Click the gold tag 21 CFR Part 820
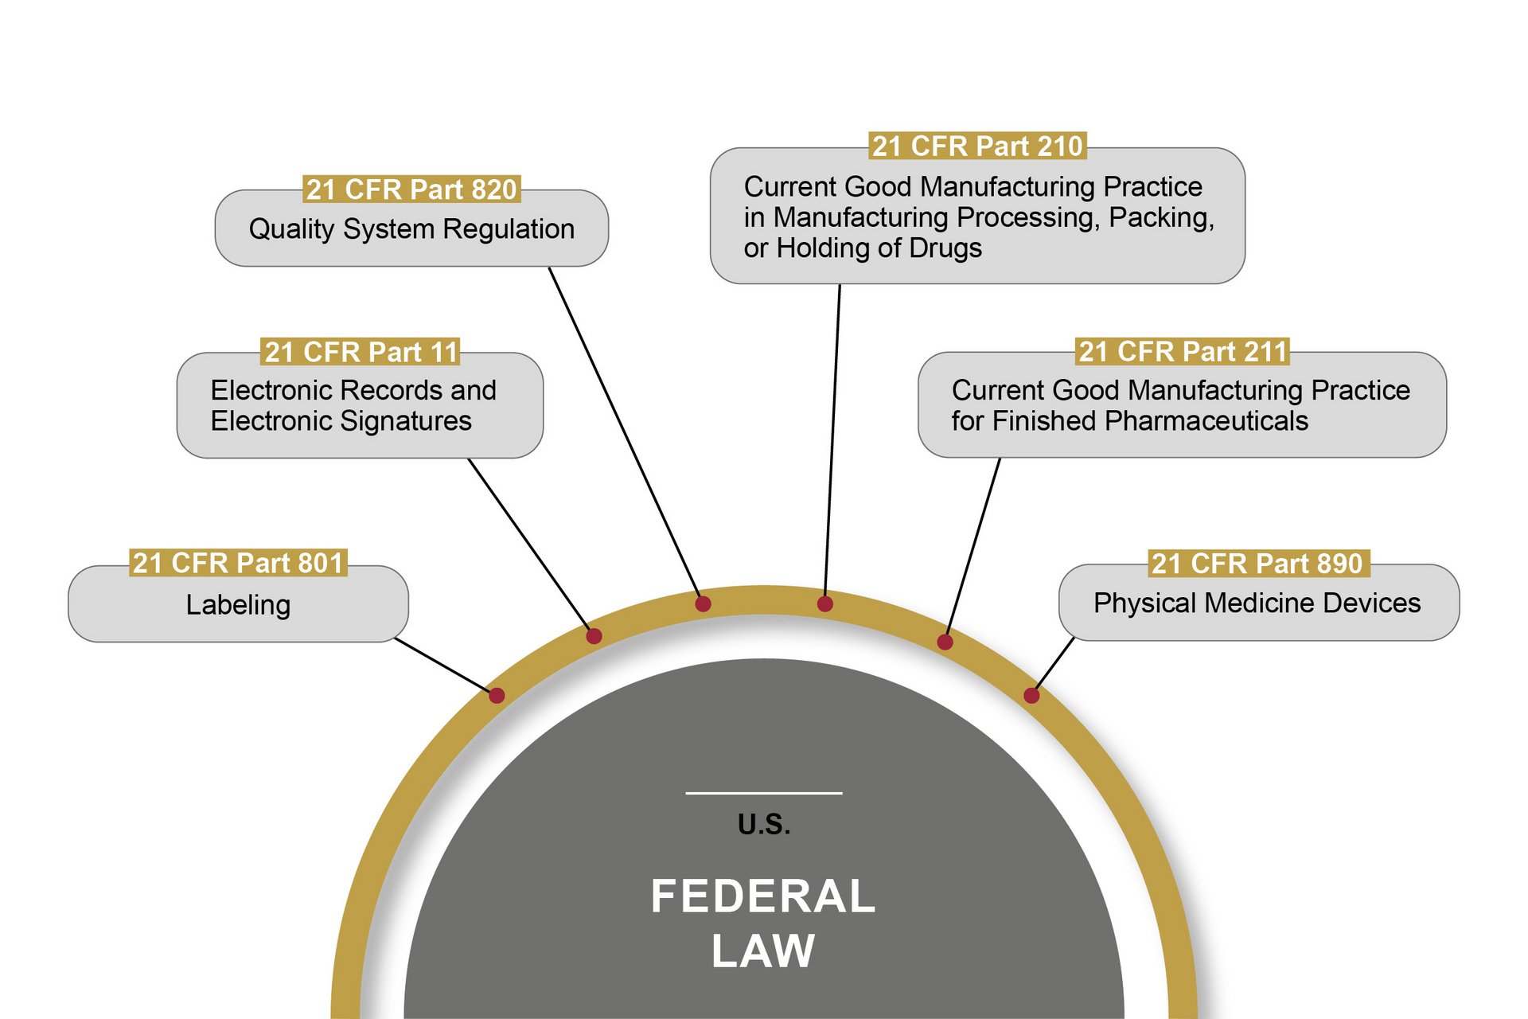pos(411,189)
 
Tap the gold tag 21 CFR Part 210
pos(977,146)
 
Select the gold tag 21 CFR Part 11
pos(361,352)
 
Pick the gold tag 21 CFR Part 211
pos(1182,351)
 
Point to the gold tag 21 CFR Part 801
pos(238,563)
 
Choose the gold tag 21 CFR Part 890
pos(1257,564)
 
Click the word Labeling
pos(238,605)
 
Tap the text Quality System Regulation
pos(411,229)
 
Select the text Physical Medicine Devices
pos(1257,603)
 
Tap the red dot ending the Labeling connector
pos(497,696)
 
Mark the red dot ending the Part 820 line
pos(703,604)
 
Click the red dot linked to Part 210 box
pos(825,604)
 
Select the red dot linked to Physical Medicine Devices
pos(1031,696)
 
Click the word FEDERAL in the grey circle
pos(762,896)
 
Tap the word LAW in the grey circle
pos(762,951)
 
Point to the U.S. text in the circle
pos(764,825)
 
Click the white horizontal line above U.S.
pos(764,793)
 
